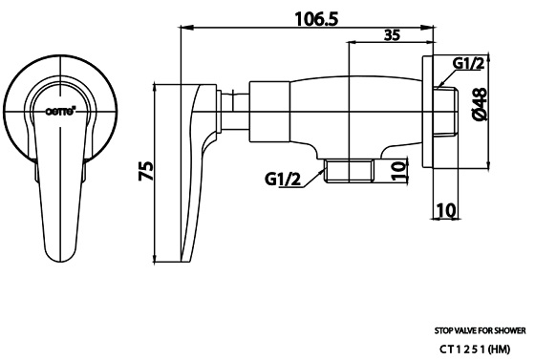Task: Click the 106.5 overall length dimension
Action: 316,19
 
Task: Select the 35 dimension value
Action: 392,35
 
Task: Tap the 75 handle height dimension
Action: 146,171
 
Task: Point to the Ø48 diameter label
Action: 480,104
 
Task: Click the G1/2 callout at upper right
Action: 468,63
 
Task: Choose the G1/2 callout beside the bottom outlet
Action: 283,179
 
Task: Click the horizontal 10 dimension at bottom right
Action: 446,210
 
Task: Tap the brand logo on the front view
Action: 61,111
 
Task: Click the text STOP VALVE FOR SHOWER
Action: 480,330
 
